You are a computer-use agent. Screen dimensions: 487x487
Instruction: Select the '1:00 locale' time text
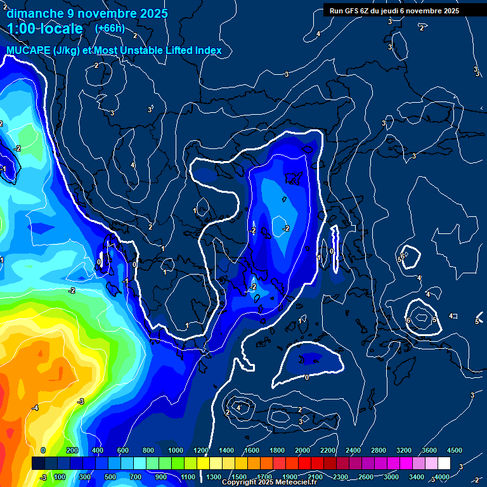[x=45, y=29]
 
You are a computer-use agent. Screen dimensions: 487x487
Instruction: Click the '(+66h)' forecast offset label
[x=110, y=29]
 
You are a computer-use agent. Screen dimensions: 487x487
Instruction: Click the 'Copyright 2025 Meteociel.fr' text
[x=269, y=482]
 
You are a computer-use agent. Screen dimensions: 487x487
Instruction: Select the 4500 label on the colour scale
[x=454, y=450]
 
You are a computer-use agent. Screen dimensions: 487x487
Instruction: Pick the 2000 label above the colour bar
[x=302, y=450]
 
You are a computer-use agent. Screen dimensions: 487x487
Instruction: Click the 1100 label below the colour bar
[x=188, y=477]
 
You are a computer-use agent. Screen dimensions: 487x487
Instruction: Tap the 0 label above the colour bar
[x=43, y=450]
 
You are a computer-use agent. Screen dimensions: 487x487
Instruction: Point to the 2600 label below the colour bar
[x=366, y=477]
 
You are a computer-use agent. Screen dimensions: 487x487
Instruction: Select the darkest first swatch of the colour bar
[x=38, y=464]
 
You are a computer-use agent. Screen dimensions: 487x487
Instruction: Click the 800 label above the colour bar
[x=148, y=450]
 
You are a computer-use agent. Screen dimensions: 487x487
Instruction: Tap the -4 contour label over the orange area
[x=35, y=408]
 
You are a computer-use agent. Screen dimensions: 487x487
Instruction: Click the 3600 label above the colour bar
[x=429, y=450]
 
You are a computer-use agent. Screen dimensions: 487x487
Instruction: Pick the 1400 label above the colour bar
[x=225, y=450]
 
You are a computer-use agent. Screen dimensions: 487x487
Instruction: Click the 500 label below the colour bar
[x=110, y=477]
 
